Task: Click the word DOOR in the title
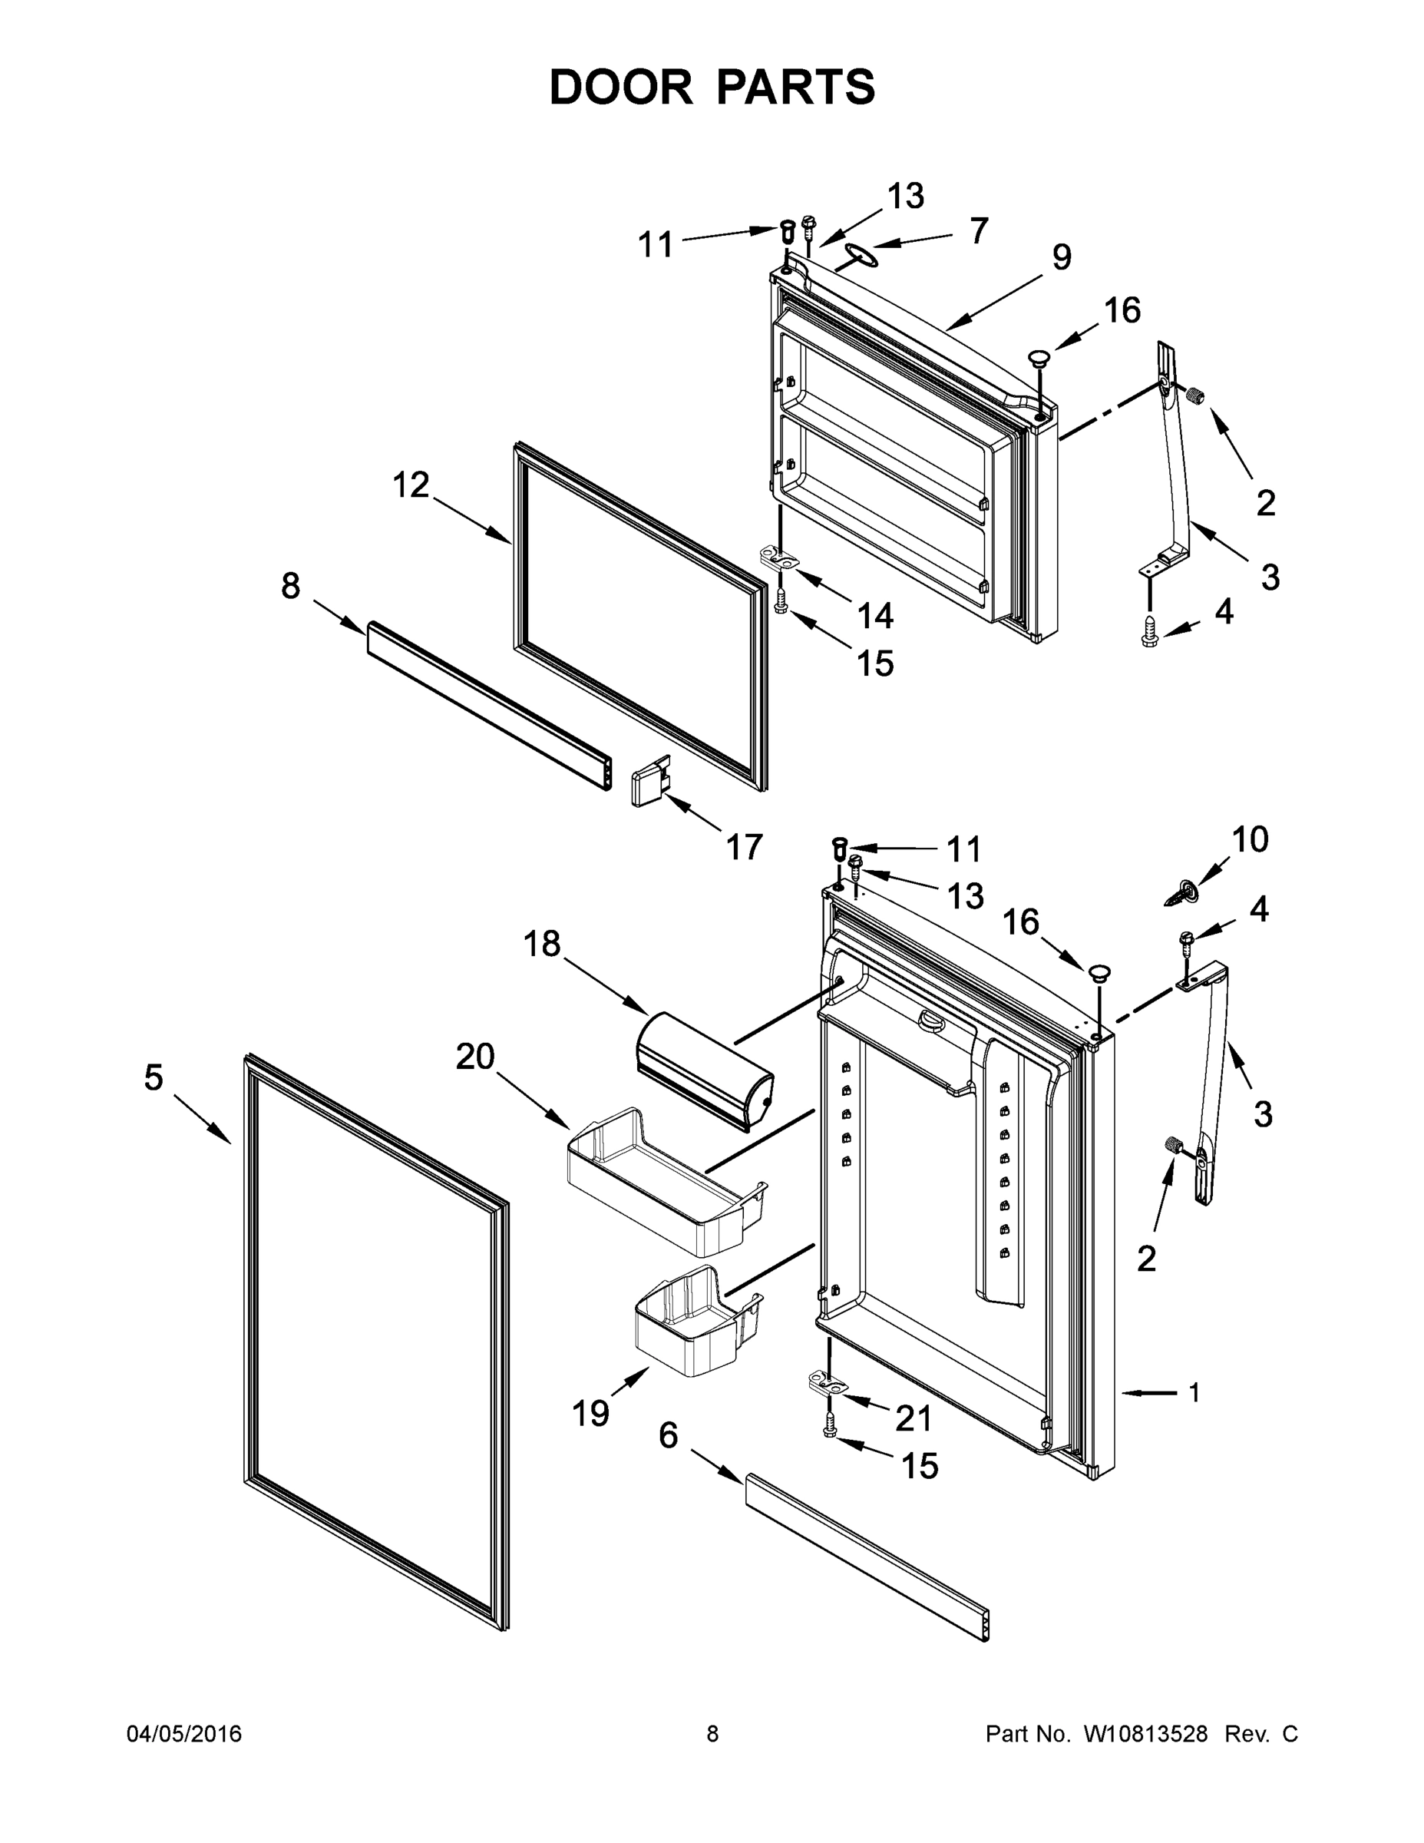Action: (620, 88)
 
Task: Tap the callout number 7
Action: (978, 231)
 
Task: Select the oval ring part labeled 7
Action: (858, 254)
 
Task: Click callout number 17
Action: (744, 846)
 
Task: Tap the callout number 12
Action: (411, 485)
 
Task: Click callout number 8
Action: (290, 586)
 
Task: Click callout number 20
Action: (475, 1057)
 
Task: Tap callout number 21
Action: (913, 1418)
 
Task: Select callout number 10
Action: (1250, 839)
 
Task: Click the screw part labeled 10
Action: (1182, 893)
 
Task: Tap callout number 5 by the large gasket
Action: (153, 1077)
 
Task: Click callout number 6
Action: (668, 1434)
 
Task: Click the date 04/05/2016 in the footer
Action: (184, 1733)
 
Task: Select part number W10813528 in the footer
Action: (1145, 1733)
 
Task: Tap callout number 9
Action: (1061, 256)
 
